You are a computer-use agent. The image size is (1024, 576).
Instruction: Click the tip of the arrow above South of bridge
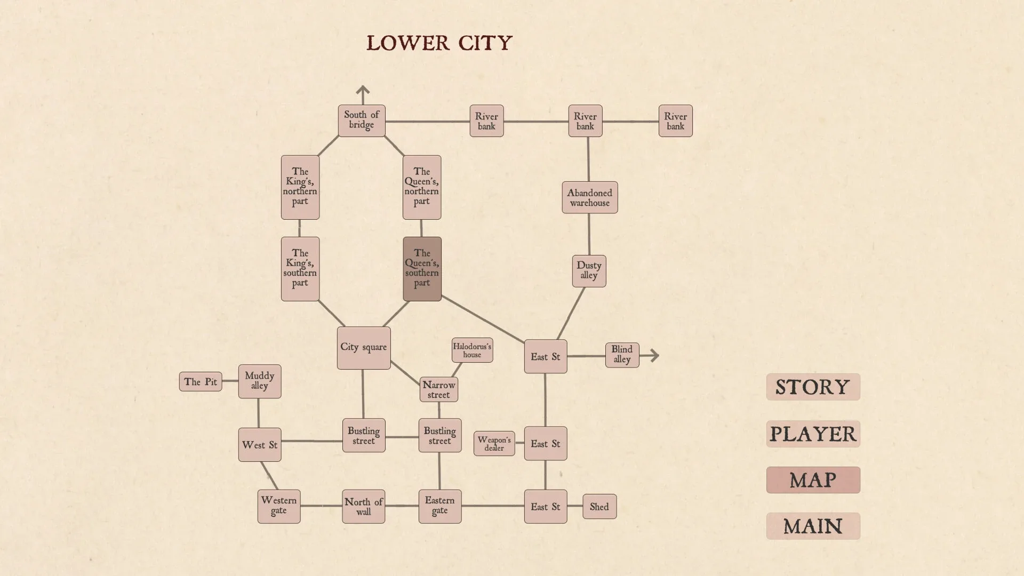coord(363,86)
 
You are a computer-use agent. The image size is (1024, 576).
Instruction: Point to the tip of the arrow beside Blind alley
coord(659,355)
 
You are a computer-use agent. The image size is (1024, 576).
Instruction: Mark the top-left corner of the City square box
coord(338,327)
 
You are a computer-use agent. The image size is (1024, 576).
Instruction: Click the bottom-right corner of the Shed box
coord(617,518)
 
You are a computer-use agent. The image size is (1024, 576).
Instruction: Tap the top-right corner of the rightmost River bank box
coord(692,106)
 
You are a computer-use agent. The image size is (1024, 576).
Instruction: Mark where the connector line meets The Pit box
coord(222,381)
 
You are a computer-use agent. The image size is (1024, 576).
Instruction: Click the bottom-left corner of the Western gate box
coord(258,523)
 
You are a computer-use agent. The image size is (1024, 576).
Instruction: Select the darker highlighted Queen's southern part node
coord(422,269)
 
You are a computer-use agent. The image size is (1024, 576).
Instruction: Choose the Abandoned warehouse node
coord(590,197)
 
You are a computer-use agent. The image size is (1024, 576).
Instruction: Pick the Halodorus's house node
coord(472,350)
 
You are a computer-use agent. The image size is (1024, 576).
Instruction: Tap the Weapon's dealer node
coord(494,443)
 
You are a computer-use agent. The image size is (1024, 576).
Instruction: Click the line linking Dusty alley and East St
coord(571,314)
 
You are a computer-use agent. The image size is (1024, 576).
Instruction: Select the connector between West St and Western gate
coord(269,476)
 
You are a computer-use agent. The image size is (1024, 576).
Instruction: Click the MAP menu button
coord(813,480)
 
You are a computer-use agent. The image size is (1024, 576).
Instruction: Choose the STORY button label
coord(813,387)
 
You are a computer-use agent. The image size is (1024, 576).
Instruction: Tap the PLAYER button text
coord(813,434)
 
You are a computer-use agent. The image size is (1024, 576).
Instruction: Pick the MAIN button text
coord(813,526)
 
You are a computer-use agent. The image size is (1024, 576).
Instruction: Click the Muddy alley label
coord(260,380)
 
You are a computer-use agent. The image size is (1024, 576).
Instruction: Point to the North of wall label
coord(364,507)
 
